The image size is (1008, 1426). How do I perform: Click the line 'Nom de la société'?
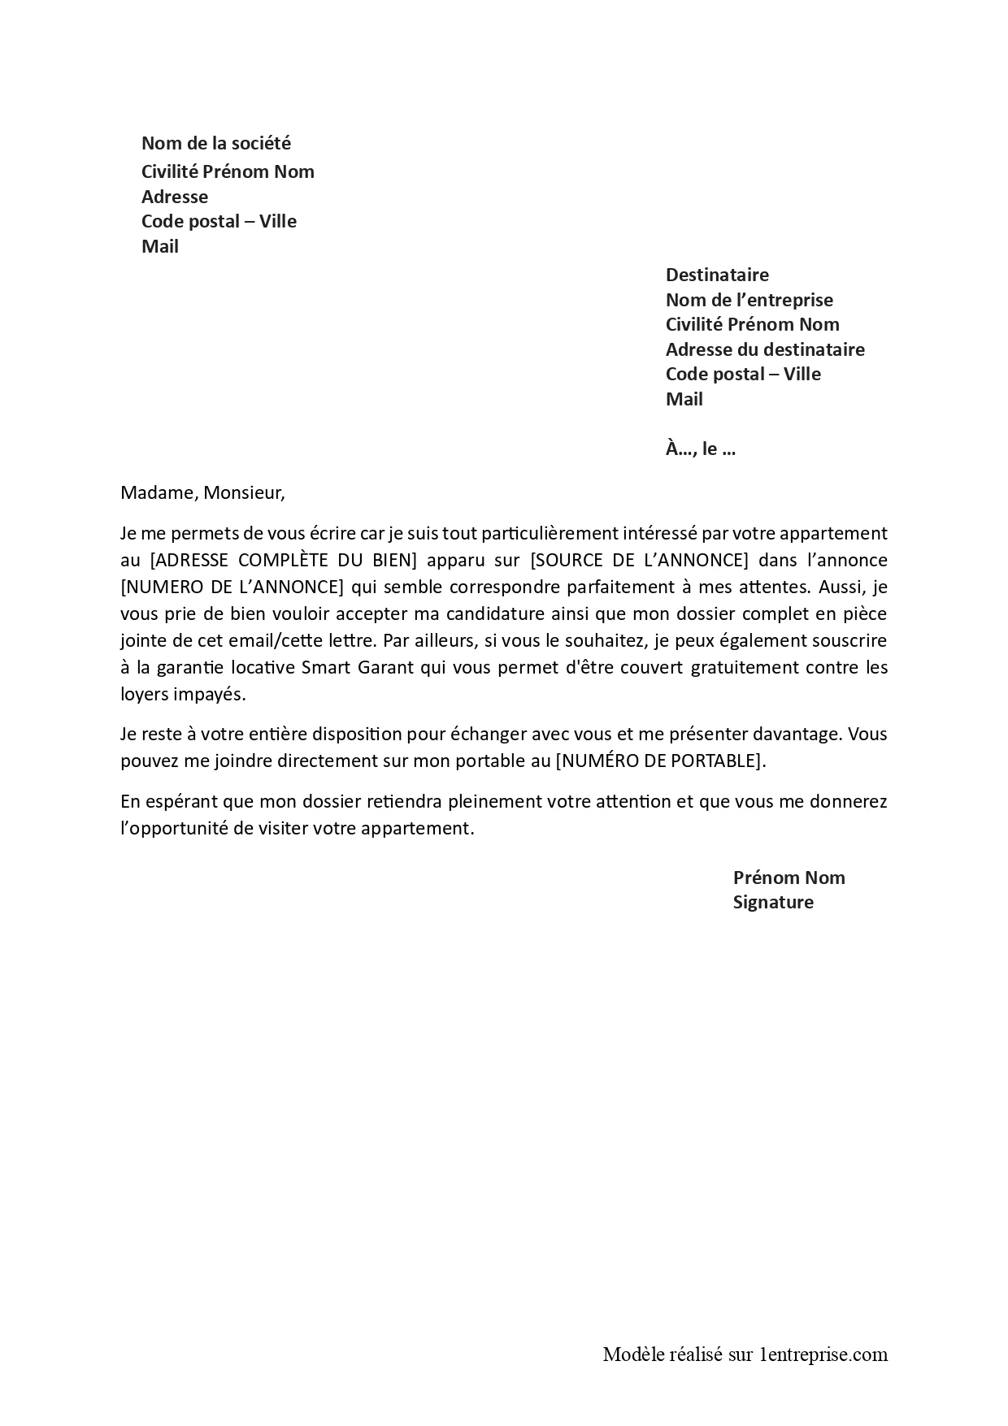(215, 144)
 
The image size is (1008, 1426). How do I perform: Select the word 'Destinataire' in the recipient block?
(717, 275)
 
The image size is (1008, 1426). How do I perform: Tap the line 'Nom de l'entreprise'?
(749, 300)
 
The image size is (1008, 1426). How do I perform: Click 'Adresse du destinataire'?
(765, 349)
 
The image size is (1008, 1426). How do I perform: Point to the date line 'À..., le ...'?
(700, 449)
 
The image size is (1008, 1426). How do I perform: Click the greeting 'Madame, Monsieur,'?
(203, 492)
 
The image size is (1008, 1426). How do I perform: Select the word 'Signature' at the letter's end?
(773, 902)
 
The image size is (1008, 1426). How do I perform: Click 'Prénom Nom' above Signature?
(789, 878)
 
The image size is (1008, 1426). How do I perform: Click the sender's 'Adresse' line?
(175, 197)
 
